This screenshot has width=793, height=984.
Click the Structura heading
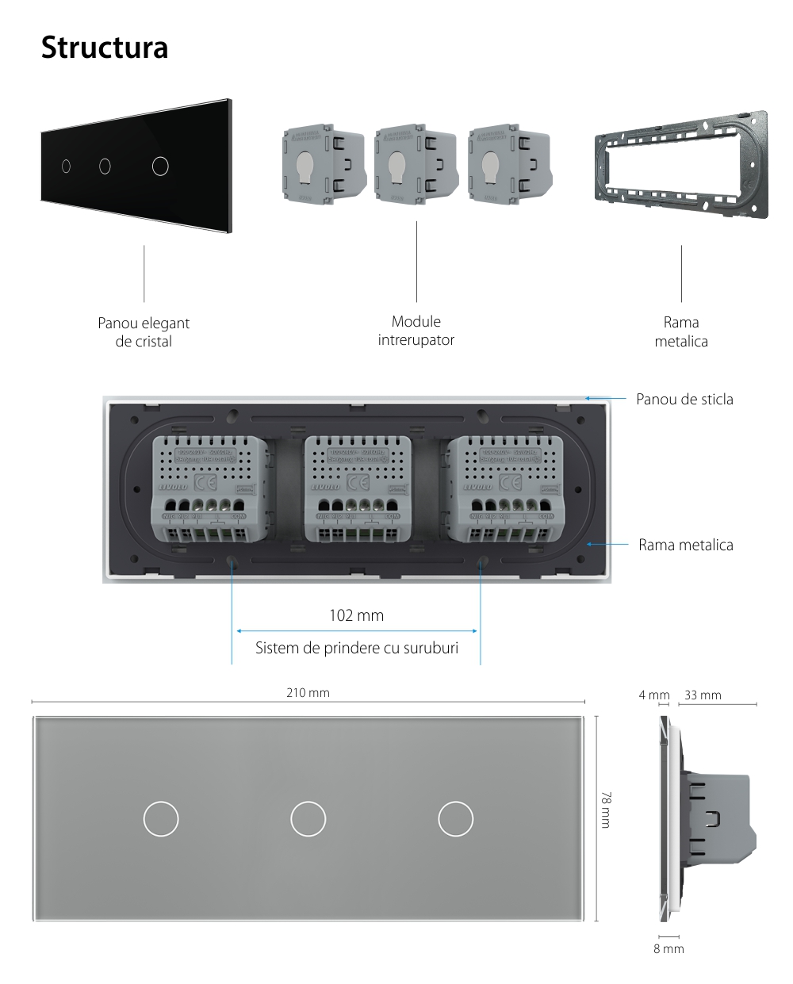click(104, 48)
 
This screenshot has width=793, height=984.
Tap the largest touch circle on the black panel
click(160, 166)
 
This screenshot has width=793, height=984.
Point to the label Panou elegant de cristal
click(144, 332)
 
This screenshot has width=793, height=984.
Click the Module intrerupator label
click(416, 331)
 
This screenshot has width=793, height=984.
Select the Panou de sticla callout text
click(684, 399)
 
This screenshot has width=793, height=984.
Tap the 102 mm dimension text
click(356, 615)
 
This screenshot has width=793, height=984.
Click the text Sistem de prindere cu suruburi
click(356, 648)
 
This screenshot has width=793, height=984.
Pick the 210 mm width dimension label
click(308, 693)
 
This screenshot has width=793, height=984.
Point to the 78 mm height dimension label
click(606, 809)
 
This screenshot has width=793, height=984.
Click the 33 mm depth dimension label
click(703, 695)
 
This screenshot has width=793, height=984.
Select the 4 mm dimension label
click(654, 695)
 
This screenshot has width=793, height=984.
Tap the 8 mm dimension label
click(668, 948)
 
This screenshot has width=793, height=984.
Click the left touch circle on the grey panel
click(161, 818)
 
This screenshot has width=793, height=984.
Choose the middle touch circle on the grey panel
click(308, 818)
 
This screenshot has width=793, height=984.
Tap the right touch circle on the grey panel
click(456, 818)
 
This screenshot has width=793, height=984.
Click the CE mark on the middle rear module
click(358, 482)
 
